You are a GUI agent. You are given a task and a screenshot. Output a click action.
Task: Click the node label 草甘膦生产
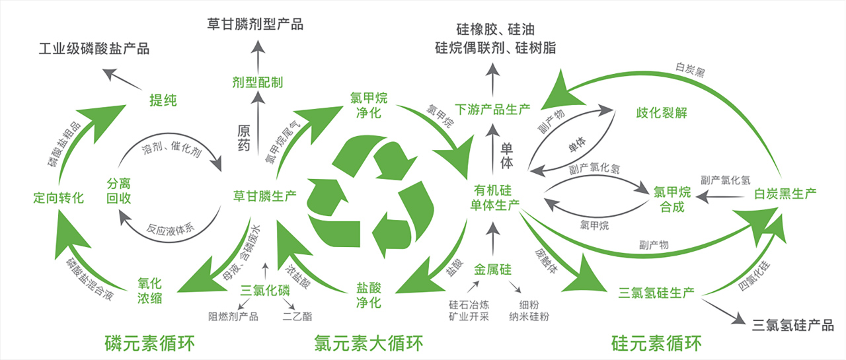(x=264, y=196)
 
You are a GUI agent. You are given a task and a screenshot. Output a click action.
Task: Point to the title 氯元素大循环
(x=367, y=343)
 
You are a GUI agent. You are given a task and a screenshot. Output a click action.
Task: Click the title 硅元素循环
(x=656, y=343)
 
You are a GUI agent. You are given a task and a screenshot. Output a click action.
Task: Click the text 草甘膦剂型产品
(x=255, y=24)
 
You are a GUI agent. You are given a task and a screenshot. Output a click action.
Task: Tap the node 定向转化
(x=59, y=197)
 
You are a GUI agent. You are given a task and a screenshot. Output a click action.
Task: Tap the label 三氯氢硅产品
(x=793, y=324)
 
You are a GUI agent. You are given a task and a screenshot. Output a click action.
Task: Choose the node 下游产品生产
(x=493, y=108)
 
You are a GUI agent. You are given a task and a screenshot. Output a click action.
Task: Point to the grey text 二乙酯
(x=297, y=316)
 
